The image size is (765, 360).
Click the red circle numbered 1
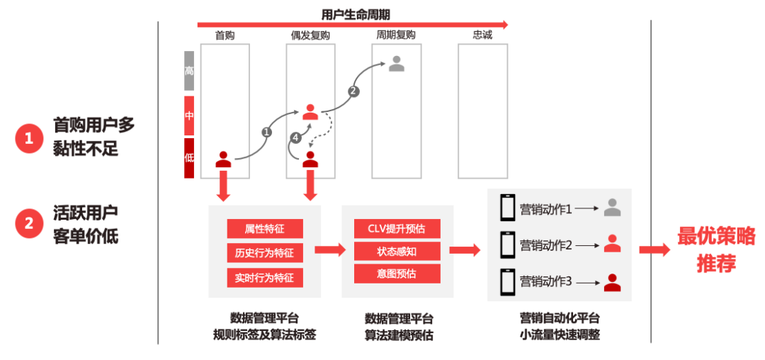[x=28, y=139]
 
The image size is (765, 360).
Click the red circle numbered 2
[x=28, y=225]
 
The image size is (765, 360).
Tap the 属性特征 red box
[x=265, y=229]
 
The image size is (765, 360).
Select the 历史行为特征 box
[x=265, y=253]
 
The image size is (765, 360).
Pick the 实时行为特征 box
[x=265, y=277]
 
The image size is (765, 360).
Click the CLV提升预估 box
[x=397, y=228]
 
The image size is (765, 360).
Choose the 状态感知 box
[x=397, y=251]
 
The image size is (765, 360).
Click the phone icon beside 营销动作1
[x=507, y=208]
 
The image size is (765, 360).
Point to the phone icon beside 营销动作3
[x=507, y=282]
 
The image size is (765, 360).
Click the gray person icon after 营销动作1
[x=612, y=208]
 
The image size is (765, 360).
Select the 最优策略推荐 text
[x=716, y=249]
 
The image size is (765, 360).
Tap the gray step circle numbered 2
[x=353, y=91]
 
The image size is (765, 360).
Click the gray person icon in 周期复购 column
[x=397, y=64]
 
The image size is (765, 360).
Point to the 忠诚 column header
[x=482, y=35]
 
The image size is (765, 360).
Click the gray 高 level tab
[x=189, y=71]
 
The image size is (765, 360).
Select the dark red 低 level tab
[x=189, y=157]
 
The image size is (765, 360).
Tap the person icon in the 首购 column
[x=224, y=159]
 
